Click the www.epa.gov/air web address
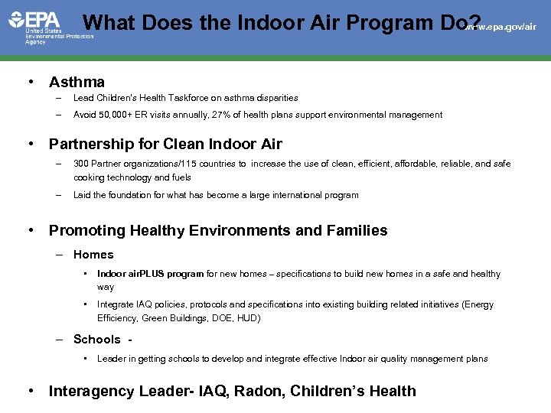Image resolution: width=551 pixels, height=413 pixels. pyautogui.click(x=500, y=27)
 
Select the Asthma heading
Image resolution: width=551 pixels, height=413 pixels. pyautogui.click(x=77, y=82)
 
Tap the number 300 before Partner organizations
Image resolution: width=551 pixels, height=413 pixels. pyautogui.click(x=81, y=164)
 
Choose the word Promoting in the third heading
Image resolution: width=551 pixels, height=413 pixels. pyautogui.click(x=87, y=230)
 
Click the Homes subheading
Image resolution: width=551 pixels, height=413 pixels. pyautogui.click(x=93, y=255)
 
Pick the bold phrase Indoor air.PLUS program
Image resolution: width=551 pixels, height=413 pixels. pyautogui.click(x=150, y=274)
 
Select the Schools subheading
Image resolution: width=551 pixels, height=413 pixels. pyautogui.click(x=97, y=340)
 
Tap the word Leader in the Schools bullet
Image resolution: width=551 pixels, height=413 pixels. pyautogui.click(x=112, y=359)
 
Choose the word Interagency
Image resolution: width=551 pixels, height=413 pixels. pyautogui.click(x=92, y=391)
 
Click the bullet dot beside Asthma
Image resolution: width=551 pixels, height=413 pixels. pyautogui.click(x=30, y=82)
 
